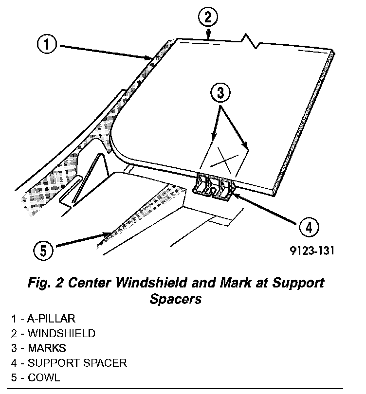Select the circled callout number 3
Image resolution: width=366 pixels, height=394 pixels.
[x=220, y=92]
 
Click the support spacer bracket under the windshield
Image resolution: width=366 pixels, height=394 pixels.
[x=215, y=187]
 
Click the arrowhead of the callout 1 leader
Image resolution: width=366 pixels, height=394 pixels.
[x=150, y=58]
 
